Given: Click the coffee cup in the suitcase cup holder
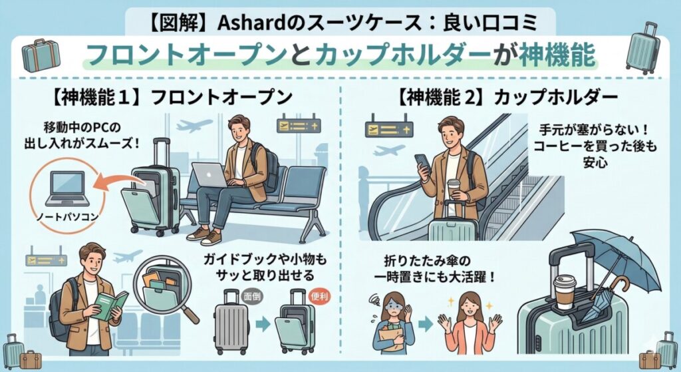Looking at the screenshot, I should coord(565,291).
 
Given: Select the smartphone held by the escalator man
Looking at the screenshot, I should coord(422,162).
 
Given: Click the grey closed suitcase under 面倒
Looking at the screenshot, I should coord(231,322).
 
